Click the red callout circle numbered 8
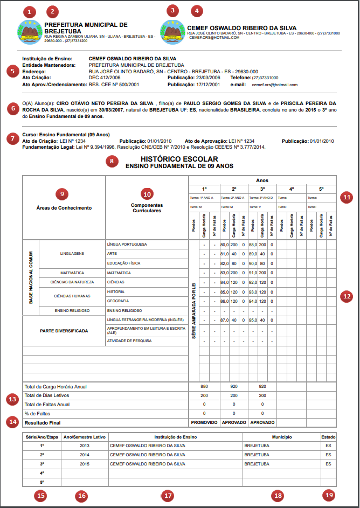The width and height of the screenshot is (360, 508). pos(112,161)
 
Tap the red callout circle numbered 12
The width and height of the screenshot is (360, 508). pos(347,296)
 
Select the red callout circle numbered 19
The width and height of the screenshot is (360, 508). pos(329,495)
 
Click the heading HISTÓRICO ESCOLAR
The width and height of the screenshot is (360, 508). pos(179,159)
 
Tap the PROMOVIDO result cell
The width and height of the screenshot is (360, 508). pos(204,422)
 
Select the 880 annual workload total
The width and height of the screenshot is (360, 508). pos(204,387)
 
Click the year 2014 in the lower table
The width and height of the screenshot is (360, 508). pos(85,454)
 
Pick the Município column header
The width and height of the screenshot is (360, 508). pos(278,437)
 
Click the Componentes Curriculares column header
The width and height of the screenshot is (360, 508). pos(147,208)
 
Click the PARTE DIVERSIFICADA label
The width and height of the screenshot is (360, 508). pos(64,331)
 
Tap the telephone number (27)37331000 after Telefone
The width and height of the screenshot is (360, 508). pos(266,78)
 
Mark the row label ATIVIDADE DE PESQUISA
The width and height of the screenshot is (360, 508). pos(129,340)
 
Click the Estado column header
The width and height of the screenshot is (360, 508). pos(328,437)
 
